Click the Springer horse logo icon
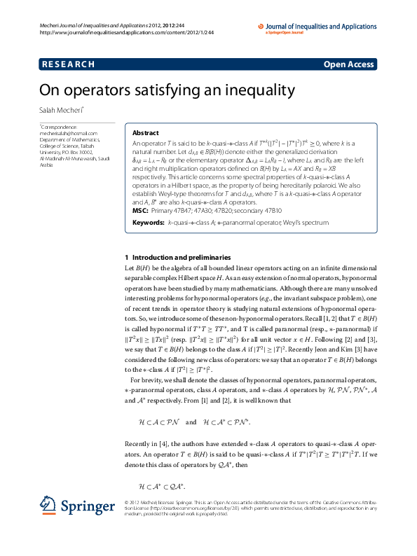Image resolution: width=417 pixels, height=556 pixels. point(48,503)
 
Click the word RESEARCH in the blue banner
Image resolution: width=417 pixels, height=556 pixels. point(68,65)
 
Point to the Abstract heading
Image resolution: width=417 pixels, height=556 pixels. point(146,132)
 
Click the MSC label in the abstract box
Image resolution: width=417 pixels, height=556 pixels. point(140,191)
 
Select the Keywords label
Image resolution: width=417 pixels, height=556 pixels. point(148,203)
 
